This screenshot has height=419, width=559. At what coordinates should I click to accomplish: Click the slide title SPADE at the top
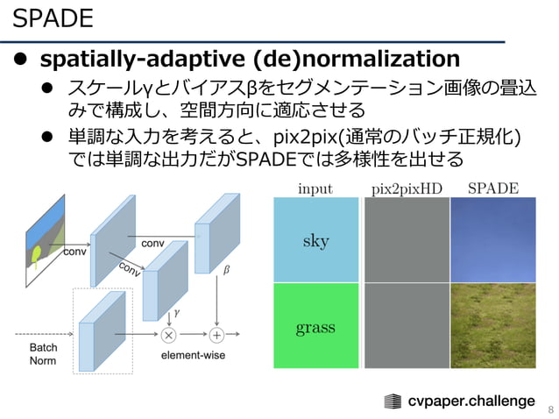53,18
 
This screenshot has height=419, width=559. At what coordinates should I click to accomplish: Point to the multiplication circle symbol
168,334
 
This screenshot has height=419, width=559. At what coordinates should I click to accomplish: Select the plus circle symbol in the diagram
216,334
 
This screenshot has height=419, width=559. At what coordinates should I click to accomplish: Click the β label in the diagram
226,271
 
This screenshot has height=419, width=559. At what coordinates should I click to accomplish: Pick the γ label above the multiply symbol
176,310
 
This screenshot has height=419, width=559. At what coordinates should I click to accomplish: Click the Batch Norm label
44,354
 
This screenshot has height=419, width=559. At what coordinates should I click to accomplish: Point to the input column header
315,188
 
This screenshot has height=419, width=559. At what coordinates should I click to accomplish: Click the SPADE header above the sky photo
493,188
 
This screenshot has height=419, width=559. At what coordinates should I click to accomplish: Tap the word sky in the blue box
315,240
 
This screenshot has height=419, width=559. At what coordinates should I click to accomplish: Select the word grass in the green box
315,328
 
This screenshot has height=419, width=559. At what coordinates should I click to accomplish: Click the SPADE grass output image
493,325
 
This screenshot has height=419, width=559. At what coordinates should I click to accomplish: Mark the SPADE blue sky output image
493,239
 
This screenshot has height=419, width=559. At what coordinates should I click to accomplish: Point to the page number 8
550,408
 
